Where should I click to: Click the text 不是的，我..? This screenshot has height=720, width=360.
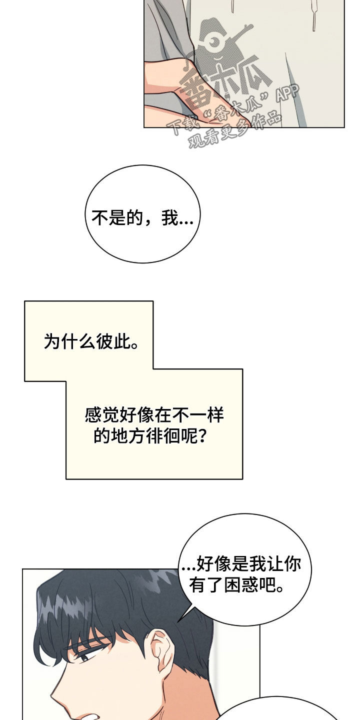(142, 218)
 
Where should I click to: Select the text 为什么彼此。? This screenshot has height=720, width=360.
(91, 342)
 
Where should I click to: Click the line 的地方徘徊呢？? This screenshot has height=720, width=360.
(150, 436)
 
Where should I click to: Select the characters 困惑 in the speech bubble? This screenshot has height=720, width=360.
(245, 585)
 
